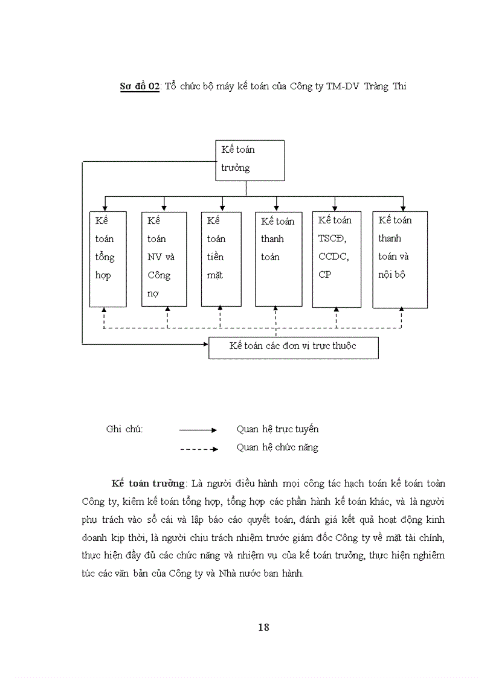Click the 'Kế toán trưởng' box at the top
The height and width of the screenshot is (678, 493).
[x=250, y=160]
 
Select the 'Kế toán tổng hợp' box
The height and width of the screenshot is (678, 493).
[x=108, y=259]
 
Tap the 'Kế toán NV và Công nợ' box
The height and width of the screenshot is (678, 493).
[x=164, y=259]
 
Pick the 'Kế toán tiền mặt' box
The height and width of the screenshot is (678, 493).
[x=221, y=259]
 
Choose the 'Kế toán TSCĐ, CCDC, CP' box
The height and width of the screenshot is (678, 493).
[x=337, y=258]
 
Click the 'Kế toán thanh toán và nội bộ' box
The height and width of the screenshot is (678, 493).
[x=400, y=259]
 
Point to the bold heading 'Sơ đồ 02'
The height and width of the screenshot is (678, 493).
[x=139, y=86]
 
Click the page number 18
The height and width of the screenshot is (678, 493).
[x=263, y=627]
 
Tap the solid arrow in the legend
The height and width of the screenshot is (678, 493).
[x=198, y=430]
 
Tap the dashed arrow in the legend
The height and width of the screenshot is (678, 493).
[x=198, y=449]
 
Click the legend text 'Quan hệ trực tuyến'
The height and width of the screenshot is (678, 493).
[x=277, y=429]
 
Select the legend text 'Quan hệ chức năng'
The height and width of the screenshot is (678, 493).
[x=277, y=447]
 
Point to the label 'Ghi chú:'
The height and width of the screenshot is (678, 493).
[x=124, y=429]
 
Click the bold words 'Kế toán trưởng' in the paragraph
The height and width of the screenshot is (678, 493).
[x=147, y=484]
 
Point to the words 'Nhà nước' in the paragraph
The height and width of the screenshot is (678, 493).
[x=240, y=573]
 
